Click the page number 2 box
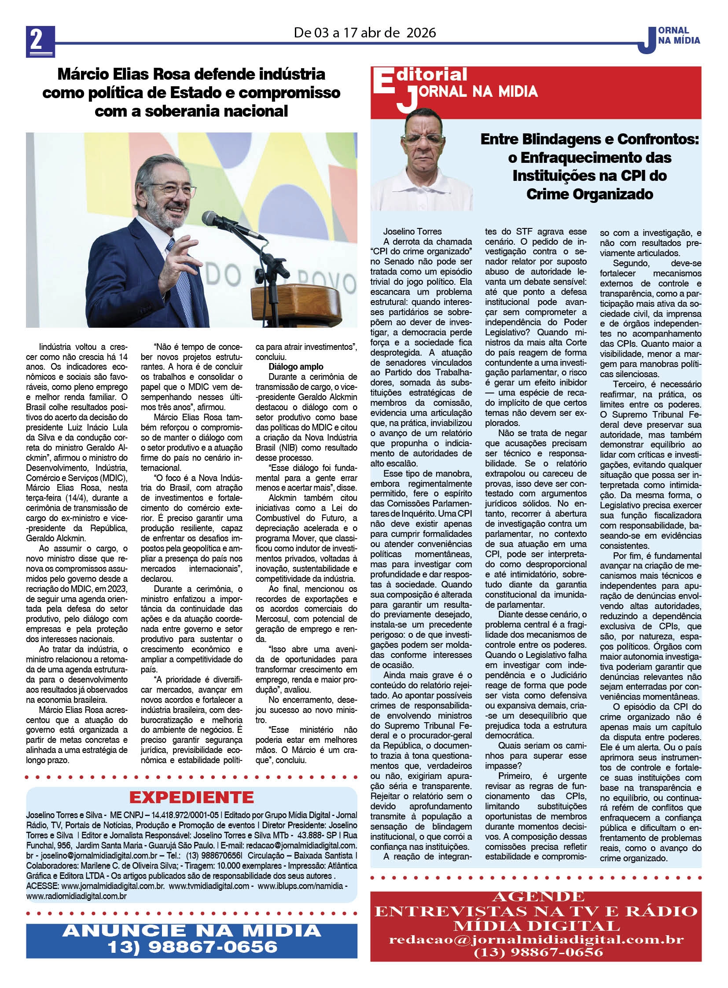pyautogui.click(x=40, y=41)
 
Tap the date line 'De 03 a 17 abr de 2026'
pyautogui.click(x=364, y=33)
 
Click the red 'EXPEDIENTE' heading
pyautogui.click(x=191, y=797)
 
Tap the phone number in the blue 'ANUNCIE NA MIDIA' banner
pyautogui.click(x=192, y=947)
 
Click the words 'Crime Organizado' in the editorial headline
pyautogui.click(x=590, y=194)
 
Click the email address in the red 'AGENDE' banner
pyautogui.click(x=536, y=939)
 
